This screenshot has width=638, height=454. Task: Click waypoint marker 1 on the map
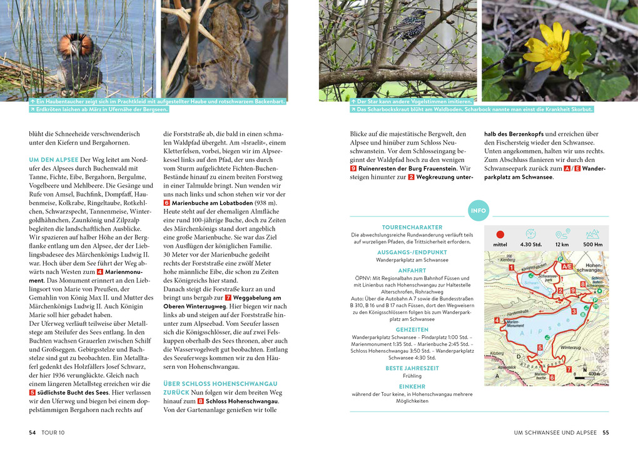511,268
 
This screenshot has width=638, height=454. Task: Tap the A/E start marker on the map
567,266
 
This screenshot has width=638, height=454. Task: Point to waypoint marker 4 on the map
497,320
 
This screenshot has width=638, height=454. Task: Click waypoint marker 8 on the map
582,285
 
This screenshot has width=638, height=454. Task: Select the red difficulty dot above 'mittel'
500,233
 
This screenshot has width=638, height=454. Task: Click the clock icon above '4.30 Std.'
530,233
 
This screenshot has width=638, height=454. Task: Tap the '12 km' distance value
562,245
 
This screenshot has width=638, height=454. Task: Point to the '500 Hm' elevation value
592,245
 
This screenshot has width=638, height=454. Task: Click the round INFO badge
478,211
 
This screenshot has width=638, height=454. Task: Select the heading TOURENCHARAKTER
412,227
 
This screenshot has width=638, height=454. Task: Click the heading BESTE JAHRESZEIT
412,368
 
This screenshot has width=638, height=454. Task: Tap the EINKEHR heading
412,386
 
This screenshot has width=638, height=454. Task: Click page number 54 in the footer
33,432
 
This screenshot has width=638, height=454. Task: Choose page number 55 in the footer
605,432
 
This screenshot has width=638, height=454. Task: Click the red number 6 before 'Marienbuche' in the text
166,203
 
